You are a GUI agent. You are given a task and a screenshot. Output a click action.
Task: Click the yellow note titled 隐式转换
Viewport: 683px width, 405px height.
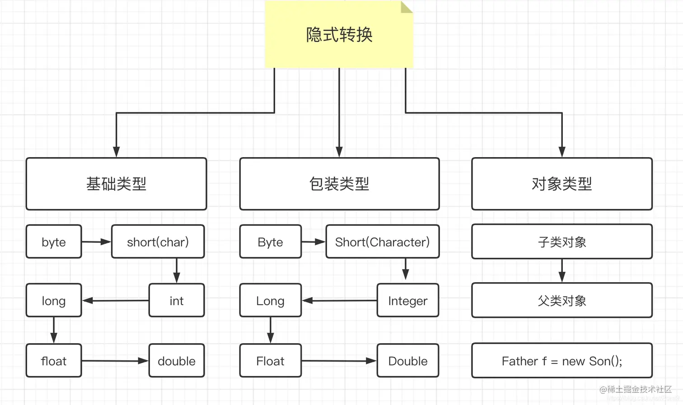(x=339, y=35)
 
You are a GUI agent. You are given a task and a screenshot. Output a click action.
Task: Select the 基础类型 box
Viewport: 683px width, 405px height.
(x=116, y=184)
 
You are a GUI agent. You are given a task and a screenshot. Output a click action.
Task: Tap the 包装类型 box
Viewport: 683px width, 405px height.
(x=339, y=184)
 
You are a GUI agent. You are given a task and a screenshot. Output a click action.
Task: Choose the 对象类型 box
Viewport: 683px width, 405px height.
(x=561, y=184)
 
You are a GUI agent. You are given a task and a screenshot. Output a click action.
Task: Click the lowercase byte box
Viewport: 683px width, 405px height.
(x=54, y=242)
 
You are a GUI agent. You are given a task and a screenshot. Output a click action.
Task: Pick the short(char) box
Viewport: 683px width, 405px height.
(x=158, y=242)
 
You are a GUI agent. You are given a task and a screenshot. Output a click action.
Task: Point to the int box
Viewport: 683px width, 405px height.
(x=176, y=301)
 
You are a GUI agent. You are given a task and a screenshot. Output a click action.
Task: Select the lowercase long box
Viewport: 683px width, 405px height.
(x=54, y=301)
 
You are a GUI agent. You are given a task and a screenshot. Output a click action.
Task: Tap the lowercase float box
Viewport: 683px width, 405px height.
(x=54, y=361)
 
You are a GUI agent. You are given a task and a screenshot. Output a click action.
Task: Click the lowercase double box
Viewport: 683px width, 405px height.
(x=176, y=361)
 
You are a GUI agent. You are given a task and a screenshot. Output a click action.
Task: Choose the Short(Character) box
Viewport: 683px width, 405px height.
(x=382, y=242)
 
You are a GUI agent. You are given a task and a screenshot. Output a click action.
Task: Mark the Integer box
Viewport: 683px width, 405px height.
(x=407, y=301)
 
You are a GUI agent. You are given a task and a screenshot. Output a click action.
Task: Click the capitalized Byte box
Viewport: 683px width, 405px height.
(x=270, y=242)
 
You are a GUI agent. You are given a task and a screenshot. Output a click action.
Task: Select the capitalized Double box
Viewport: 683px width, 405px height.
(x=407, y=361)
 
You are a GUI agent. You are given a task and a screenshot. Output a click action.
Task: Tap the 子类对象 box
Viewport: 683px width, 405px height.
(x=561, y=242)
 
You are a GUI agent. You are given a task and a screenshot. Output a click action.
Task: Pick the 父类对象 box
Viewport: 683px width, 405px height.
(x=561, y=301)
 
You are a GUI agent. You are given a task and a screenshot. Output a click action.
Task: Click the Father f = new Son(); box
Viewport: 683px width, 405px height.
(x=561, y=361)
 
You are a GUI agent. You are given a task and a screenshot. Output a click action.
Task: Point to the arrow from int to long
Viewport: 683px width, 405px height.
(x=115, y=301)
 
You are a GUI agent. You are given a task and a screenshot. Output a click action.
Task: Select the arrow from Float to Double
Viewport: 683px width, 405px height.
(x=339, y=361)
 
